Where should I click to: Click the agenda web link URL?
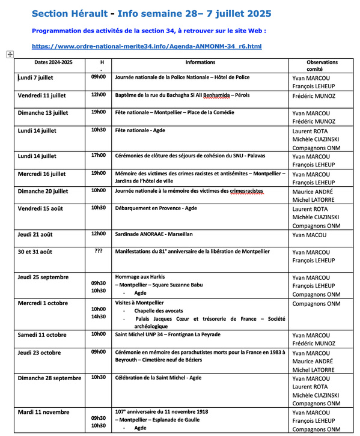click(x=147, y=46)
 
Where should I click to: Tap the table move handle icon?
click(x=10, y=55)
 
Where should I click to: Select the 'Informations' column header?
click(x=200, y=62)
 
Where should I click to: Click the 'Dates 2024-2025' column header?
click(x=53, y=62)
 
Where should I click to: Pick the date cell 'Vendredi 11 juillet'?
click(x=42, y=95)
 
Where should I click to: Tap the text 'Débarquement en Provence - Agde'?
click(x=156, y=208)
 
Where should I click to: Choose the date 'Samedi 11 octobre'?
click(x=42, y=335)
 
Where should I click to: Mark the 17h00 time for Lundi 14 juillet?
click(x=98, y=155)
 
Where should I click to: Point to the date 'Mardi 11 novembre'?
click(x=44, y=412)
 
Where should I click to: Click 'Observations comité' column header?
click(x=322, y=65)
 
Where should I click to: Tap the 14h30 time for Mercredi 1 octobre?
click(x=98, y=316)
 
